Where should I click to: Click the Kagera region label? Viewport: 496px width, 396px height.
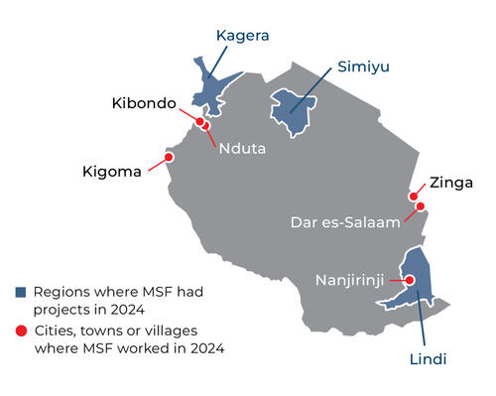(x=243, y=37)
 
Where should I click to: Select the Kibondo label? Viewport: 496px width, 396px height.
(x=144, y=103)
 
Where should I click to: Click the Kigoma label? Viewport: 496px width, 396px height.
(x=113, y=174)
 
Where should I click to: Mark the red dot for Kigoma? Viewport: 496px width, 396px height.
(x=169, y=157)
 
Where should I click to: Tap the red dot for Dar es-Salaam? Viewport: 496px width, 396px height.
(x=421, y=207)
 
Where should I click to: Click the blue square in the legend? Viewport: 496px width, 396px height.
(x=20, y=293)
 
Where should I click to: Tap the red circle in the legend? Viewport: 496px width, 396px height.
(x=20, y=329)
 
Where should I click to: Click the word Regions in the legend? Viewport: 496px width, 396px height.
(x=62, y=293)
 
